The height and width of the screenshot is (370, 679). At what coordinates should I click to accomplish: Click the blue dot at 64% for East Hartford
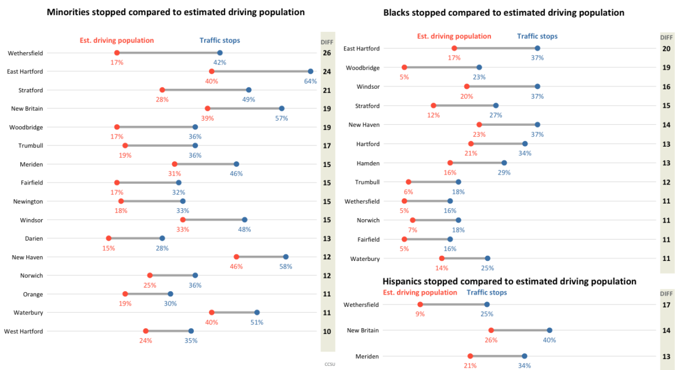310,71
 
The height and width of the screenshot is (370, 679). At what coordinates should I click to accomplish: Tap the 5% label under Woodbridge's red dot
404,77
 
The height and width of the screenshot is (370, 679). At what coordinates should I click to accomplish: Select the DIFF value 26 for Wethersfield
327,53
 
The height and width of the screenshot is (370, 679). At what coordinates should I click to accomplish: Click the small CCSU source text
330,364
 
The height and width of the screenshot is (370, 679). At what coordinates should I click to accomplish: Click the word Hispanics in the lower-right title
403,281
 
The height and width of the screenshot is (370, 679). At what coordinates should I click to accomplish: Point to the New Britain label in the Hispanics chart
363,331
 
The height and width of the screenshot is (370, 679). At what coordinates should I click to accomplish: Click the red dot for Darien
109,238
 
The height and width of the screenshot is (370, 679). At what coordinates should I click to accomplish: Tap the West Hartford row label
23,331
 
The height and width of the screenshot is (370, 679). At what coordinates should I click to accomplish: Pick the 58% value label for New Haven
286,267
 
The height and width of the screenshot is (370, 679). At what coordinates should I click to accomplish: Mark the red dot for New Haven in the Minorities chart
236,257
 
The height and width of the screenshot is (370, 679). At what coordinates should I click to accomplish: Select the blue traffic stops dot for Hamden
504,163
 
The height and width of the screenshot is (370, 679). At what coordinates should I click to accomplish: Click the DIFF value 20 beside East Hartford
666,49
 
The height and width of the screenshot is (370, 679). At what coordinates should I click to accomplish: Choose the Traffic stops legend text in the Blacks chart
537,36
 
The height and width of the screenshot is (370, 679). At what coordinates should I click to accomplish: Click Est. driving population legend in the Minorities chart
117,41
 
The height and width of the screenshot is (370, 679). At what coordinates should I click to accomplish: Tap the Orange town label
33,294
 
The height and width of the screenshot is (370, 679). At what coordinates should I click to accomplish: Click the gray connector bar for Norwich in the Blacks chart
435,220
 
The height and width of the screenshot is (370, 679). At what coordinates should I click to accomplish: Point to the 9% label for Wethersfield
420,314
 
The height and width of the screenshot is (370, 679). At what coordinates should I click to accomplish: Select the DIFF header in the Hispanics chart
666,293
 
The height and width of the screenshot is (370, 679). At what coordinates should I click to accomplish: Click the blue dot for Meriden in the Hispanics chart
524,356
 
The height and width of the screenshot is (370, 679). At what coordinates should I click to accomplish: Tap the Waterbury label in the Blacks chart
365,259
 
